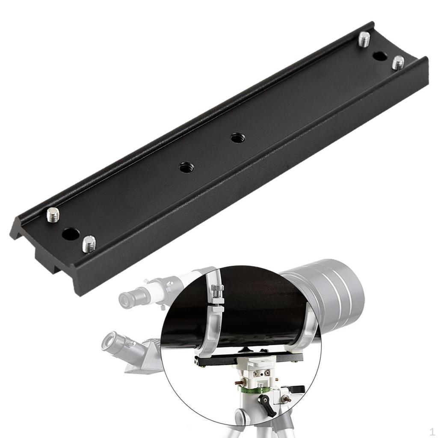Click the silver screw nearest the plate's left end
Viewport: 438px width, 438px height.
pos(53,214)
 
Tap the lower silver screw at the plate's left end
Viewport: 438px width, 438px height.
pos(89,244)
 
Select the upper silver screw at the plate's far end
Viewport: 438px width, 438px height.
pos(364,39)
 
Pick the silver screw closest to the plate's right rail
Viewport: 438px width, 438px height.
pos(398,62)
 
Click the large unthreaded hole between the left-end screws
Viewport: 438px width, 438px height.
pos(71,234)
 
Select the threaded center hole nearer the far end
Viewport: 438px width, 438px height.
pos(238,138)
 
